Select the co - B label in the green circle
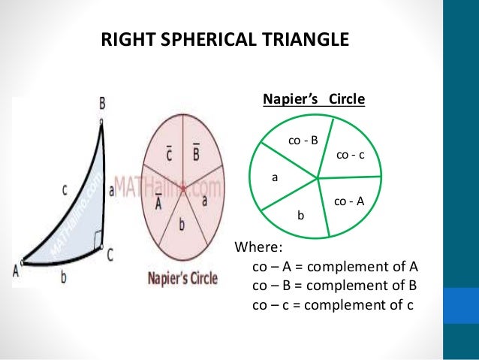tap(303, 140)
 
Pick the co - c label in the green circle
tap(350, 155)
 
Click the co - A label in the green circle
tap(348, 201)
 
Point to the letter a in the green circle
tap(275, 179)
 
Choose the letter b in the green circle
tap(300, 216)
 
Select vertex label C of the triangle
tap(110, 256)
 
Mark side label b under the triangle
tap(63, 277)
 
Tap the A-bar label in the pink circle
tap(159, 201)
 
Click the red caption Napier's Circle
tap(182, 278)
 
